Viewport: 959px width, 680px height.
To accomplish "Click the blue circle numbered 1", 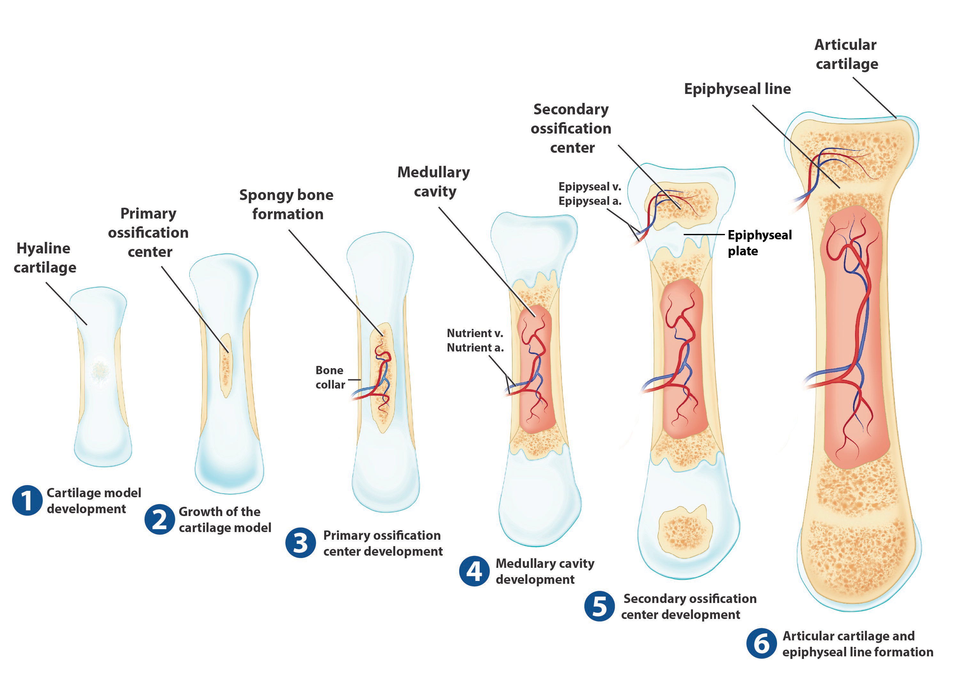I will pos(27,500).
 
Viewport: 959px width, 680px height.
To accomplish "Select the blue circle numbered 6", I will pos(761,644).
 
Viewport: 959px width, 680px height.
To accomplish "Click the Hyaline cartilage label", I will pos(44,258).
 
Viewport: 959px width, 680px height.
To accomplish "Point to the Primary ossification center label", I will pos(148,232).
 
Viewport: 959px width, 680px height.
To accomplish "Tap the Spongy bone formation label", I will pos(287,204).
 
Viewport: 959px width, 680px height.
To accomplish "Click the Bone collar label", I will pos(330,377).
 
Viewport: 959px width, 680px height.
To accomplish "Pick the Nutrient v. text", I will pos(475,333).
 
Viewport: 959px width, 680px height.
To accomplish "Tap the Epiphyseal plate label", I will pos(759,243).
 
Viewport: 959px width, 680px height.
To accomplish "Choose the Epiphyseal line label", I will pos(737,89).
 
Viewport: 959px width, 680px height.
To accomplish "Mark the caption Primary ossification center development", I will pos(382,543).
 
